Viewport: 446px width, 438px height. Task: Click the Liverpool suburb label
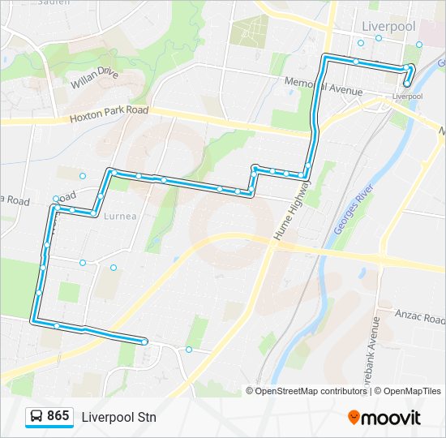389,26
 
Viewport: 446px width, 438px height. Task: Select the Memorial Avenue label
323,85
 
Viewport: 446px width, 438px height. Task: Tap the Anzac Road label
420,316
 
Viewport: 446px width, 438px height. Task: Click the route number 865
58,416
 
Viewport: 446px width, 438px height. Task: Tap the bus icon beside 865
36,416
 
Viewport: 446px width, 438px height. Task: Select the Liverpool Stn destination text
118,417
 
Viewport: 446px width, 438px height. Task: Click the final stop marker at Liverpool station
406,84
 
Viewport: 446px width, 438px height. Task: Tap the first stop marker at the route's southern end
144,342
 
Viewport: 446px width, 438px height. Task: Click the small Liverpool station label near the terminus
407,96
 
